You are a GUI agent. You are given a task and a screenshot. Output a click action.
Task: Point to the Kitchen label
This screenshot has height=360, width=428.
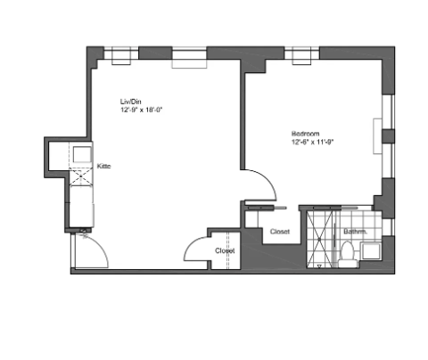coord(103,167)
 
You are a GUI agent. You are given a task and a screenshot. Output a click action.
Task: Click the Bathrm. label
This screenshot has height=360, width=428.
coord(356,233)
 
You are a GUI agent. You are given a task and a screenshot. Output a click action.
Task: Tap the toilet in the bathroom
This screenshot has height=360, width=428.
coord(347,253)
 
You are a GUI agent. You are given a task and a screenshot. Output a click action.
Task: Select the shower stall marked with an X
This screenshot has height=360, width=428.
coord(319,237)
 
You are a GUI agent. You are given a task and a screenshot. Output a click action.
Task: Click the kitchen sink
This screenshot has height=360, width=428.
coord(81,154)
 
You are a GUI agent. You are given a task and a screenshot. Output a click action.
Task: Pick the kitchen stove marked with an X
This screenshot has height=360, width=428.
coord(81,176)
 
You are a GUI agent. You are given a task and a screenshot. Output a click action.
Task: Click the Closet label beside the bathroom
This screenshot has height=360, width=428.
coord(280,232)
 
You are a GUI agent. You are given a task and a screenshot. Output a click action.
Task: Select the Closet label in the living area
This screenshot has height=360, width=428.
coord(224,250)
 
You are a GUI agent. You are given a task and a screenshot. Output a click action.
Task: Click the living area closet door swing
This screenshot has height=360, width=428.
coord(195,250)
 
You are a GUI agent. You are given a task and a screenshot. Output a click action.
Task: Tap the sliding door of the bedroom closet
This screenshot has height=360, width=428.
coord(267,208)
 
